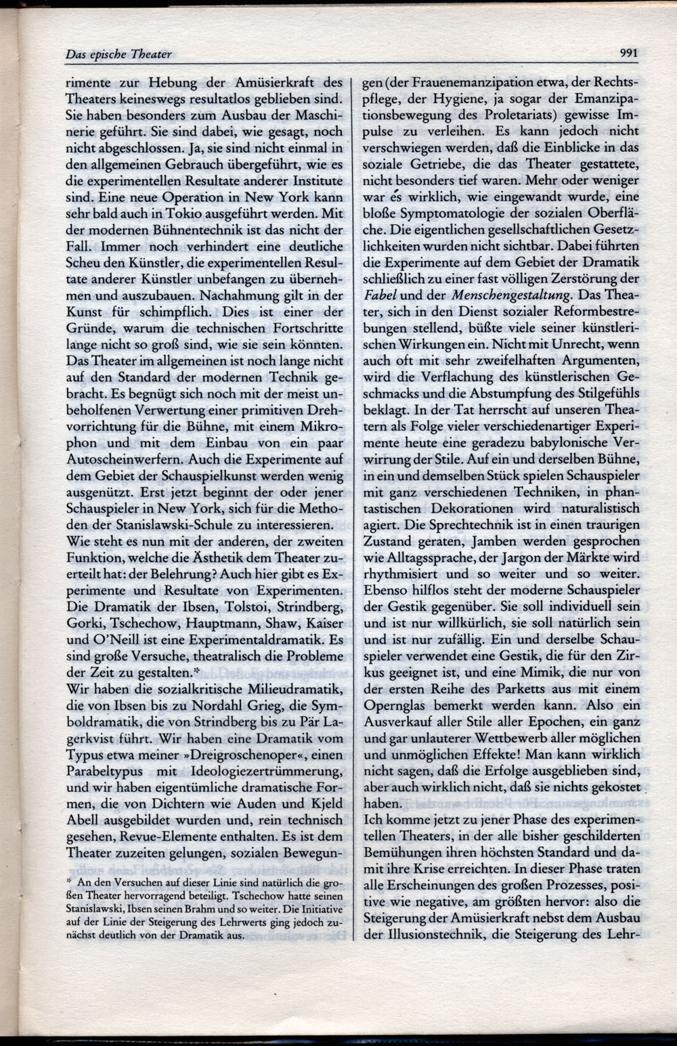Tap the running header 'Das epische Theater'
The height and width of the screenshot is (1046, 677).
coord(118,54)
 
